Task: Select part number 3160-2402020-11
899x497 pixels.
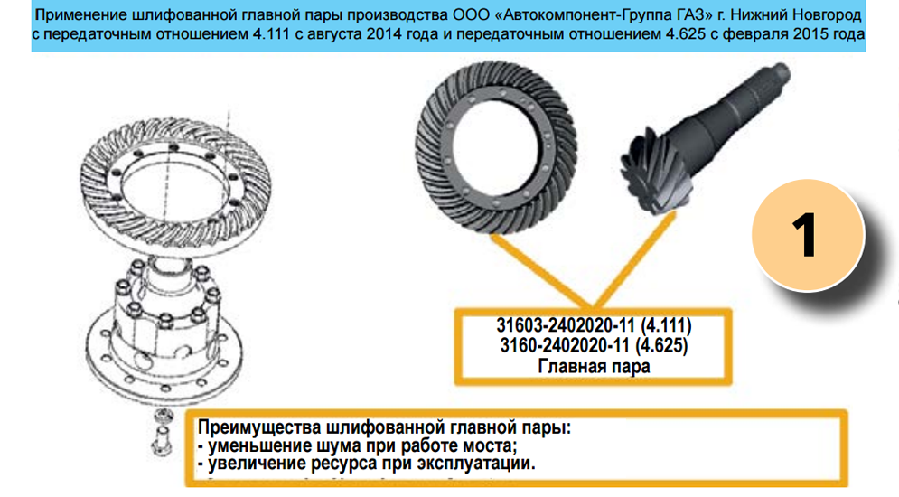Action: click(565, 346)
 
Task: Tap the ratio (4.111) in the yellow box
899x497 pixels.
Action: click(666, 326)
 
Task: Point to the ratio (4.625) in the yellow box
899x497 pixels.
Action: click(661, 346)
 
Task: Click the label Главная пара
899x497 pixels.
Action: click(594, 366)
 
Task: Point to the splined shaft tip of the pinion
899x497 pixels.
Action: click(777, 75)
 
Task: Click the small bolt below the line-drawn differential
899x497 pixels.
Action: click(163, 434)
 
